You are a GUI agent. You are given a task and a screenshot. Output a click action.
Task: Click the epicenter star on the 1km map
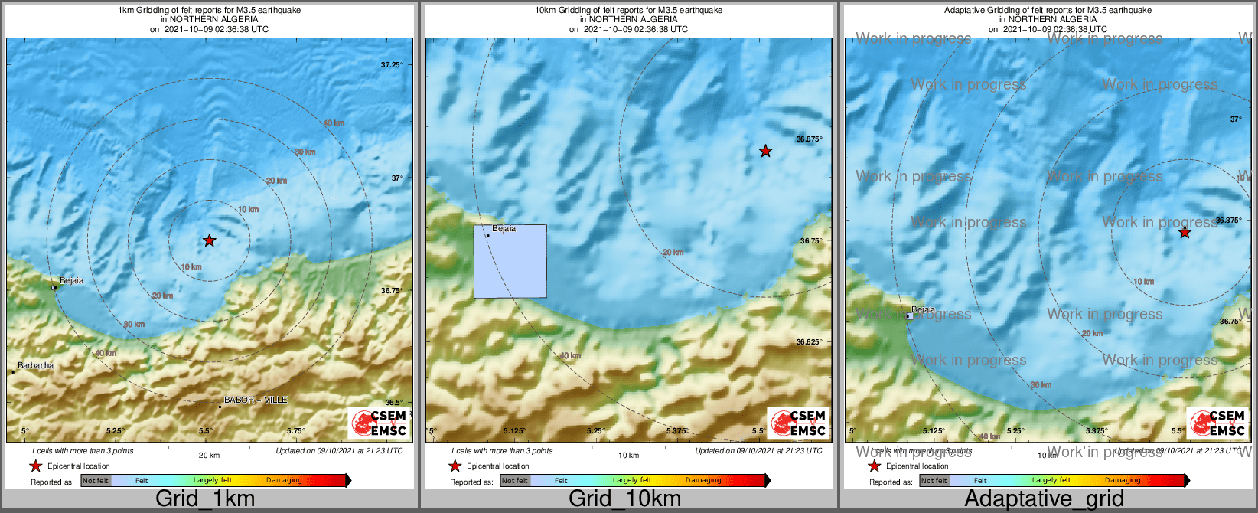pyautogui.click(x=210, y=240)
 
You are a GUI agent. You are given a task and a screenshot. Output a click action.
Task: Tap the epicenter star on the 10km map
pyautogui.click(x=765, y=151)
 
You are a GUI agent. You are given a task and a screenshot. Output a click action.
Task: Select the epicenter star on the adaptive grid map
pyautogui.click(x=1185, y=232)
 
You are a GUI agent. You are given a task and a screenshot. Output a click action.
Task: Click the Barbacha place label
pyautogui.click(x=36, y=366)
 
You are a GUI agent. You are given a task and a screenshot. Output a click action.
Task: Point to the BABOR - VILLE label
pyautogui.click(x=256, y=400)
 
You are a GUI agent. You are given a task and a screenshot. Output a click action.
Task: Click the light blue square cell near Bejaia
pyautogui.click(x=510, y=261)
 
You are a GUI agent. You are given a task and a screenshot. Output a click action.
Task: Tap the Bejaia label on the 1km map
pyautogui.click(x=71, y=281)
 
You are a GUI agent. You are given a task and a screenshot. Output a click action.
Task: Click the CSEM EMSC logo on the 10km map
pyautogui.click(x=798, y=423)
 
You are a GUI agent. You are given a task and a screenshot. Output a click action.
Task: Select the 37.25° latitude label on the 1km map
pyautogui.click(x=392, y=65)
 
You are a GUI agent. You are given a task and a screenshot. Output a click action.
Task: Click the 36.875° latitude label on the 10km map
pyautogui.click(x=809, y=139)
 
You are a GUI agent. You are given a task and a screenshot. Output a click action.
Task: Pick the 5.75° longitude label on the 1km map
pyautogui.click(x=295, y=431)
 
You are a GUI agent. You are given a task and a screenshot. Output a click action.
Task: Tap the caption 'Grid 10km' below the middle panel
pyautogui.click(x=624, y=498)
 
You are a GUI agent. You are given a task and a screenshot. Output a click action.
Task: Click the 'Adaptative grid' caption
pyautogui.click(x=1044, y=498)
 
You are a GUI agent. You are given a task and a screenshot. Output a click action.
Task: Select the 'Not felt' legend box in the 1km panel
pyautogui.click(x=96, y=481)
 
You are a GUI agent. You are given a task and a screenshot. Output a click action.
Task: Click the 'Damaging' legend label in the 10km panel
pyautogui.click(x=703, y=481)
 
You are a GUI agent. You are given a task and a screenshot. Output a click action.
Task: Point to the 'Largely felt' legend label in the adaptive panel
pyautogui.click(x=1051, y=481)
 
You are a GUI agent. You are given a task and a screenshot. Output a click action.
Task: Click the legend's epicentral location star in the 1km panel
pyautogui.click(x=35, y=466)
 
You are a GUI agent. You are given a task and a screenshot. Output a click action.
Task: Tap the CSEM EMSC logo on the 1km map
pyautogui.click(x=379, y=423)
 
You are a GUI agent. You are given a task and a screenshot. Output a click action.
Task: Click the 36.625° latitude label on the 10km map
pyautogui.click(x=809, y=342)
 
